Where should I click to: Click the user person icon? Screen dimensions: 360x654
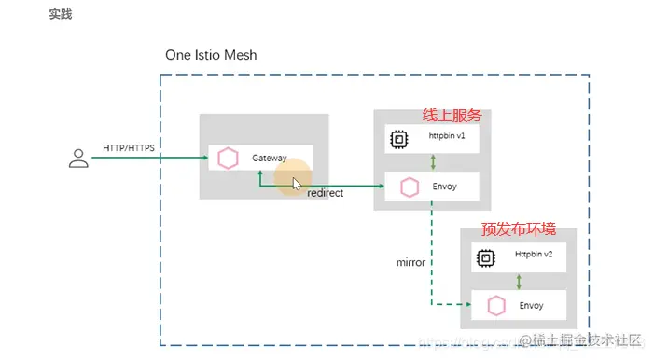coord(78,159)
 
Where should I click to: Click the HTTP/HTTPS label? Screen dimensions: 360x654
coord(129,148)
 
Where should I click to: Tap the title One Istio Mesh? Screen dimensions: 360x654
coord(211,55)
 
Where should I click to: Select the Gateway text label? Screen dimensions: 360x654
coord(270,159)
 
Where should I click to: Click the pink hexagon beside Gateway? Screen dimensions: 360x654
coord(228,159)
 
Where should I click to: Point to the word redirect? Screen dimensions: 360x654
coord(325,192)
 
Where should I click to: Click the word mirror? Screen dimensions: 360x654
coord(410,262)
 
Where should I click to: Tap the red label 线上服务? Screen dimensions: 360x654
coord(452,115)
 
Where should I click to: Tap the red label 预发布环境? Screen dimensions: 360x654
coord(513,228)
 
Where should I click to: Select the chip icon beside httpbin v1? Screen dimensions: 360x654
coord(398,140)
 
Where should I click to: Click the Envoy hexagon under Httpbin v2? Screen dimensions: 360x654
coord(496,305)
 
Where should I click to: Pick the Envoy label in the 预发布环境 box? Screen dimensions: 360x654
coord(531,305)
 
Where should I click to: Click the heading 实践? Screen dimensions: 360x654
coord(61,15)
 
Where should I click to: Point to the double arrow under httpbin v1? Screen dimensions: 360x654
coord(433,162)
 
